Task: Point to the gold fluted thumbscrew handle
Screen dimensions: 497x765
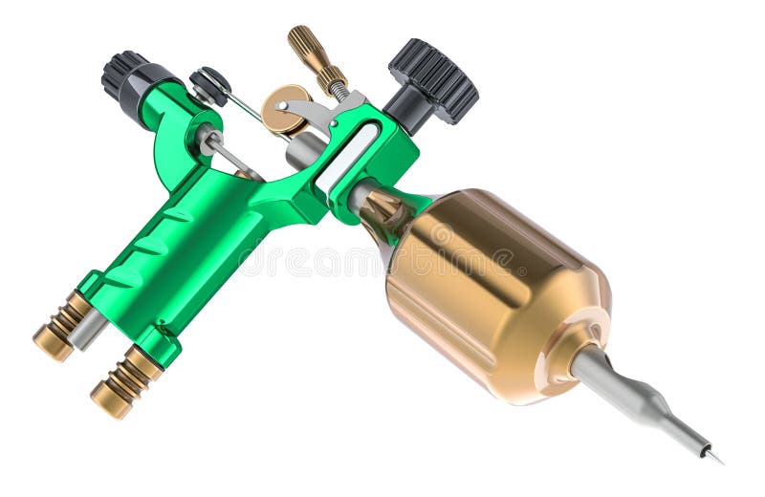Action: [312, 54]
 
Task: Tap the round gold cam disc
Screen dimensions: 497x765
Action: [285, 108]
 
